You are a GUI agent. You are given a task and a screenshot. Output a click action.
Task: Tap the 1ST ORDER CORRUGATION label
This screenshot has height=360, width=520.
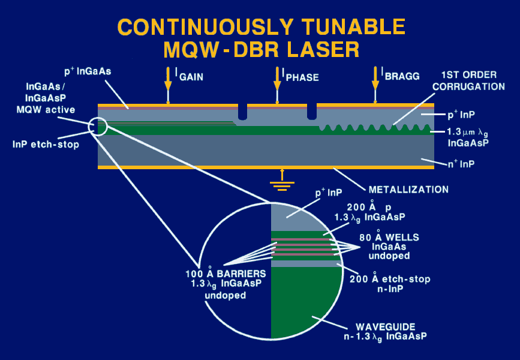tap(473, 80)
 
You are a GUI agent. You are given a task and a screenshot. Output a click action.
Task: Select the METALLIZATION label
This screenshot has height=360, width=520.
tap(408, 190)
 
